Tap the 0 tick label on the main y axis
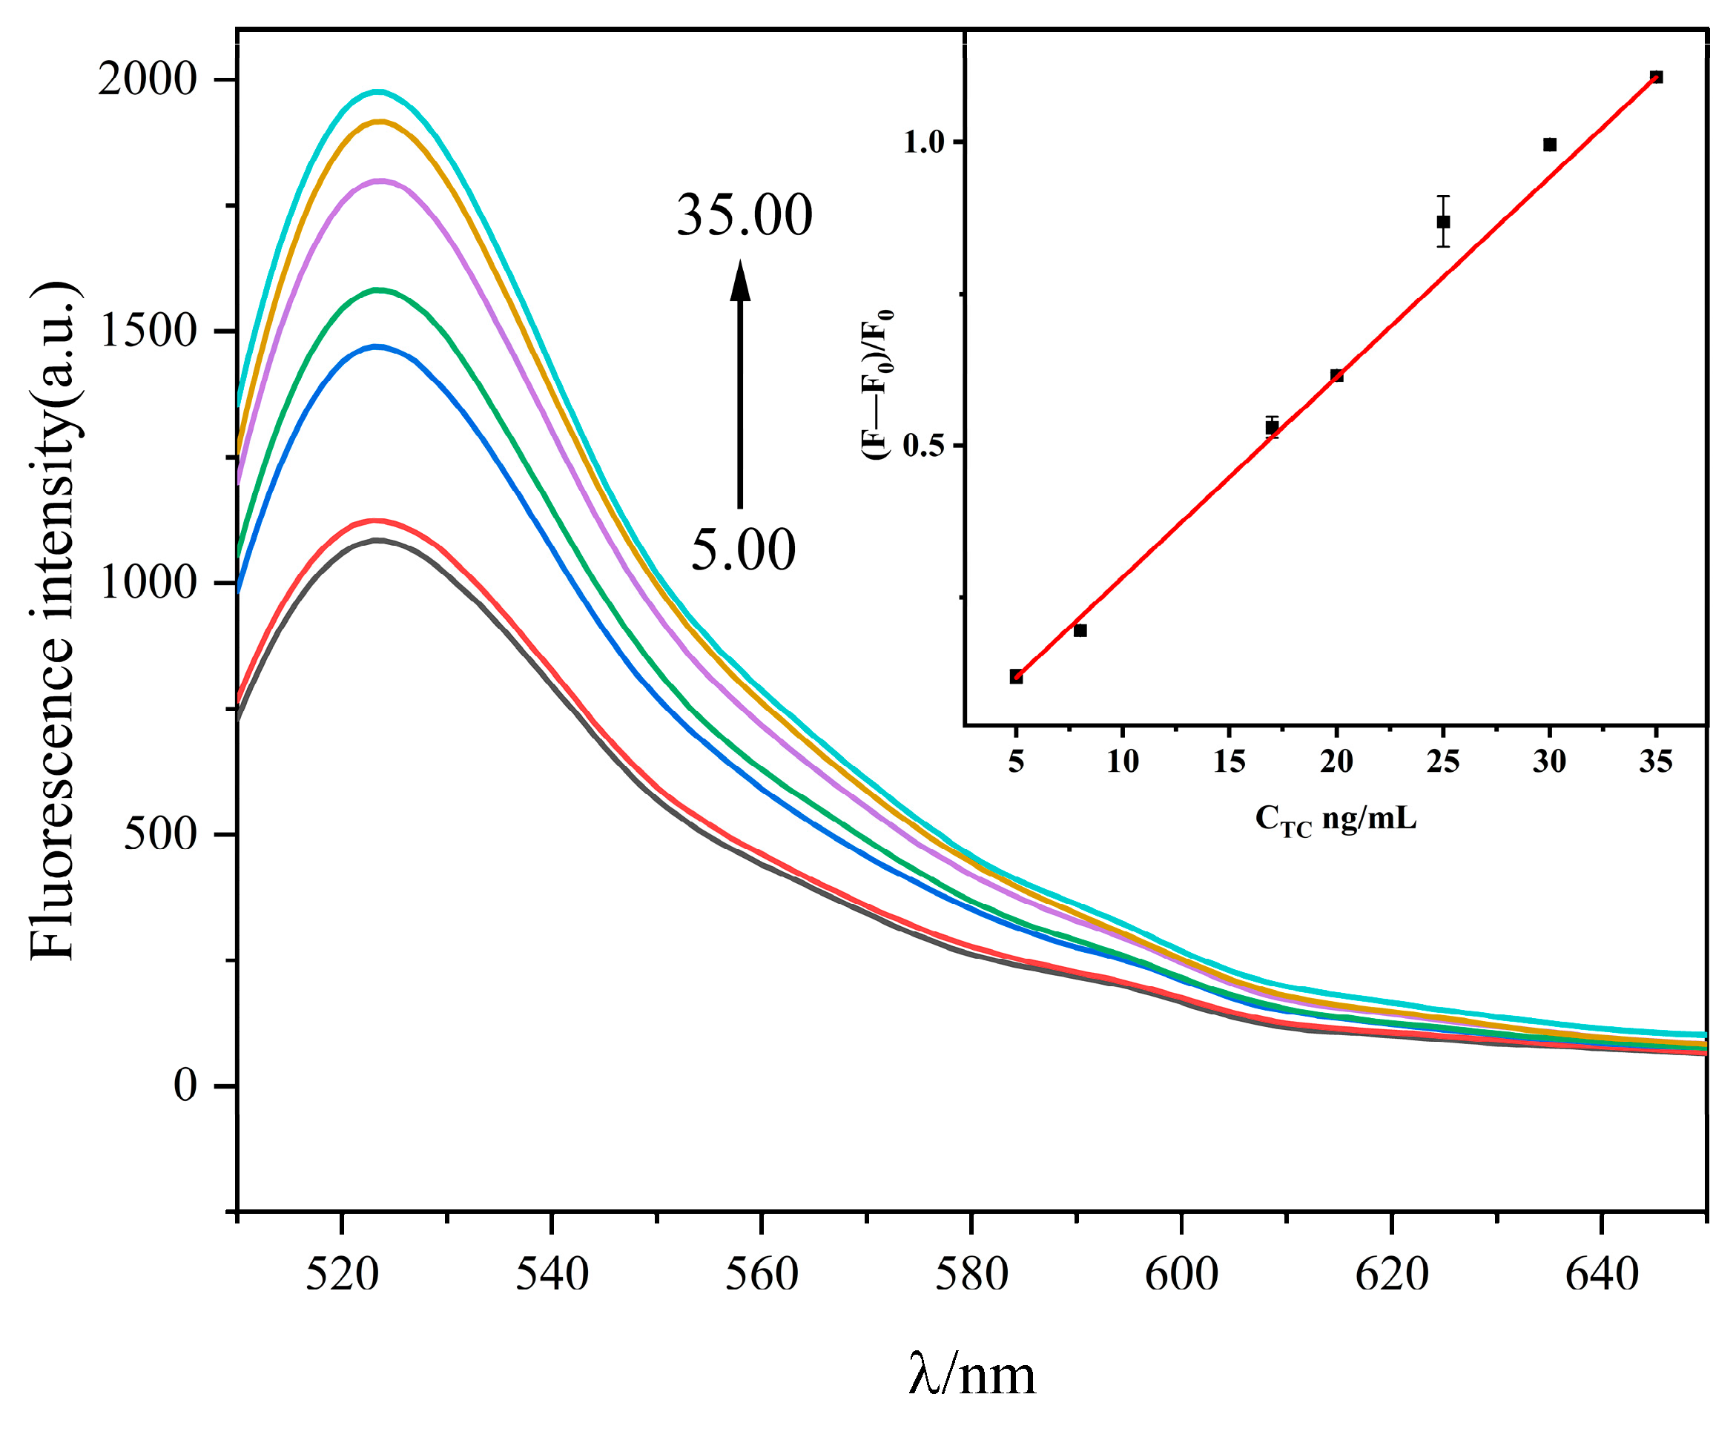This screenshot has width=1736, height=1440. coord(185,1086)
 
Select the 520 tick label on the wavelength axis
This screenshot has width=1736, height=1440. coord(341,1274)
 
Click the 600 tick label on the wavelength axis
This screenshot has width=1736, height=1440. coord(1181,1274)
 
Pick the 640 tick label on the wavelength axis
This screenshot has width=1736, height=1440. coord(1601,1274)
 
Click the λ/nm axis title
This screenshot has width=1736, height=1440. coord(971,1375)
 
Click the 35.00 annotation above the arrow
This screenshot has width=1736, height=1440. coord(744,216)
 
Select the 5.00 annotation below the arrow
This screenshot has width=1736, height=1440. coord(742,550)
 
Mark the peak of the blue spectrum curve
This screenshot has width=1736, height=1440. coord(377,347)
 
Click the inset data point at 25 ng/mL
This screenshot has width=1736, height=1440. coord(1442,222)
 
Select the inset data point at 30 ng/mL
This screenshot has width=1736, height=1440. coord(1549,145)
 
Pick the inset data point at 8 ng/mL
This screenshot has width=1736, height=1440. coord(1080,630)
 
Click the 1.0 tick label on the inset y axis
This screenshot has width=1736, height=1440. coord(923,143)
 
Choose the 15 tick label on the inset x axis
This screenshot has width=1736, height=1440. coord(1229,761)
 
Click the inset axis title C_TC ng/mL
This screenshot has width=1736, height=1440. coord(1335,819)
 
